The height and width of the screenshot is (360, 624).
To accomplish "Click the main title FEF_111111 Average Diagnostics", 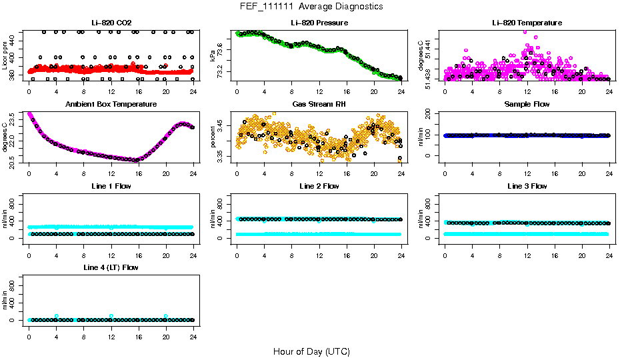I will tap(311, 6).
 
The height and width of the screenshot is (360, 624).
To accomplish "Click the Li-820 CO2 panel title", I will tap(111, 23).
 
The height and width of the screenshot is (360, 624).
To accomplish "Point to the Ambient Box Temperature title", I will tap(111, 104).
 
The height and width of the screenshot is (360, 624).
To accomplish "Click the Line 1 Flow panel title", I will tap(111, 186).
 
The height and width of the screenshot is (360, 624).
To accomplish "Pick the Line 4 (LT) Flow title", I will tap(111, 267).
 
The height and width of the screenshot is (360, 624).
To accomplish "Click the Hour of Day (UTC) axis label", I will tap(311, 351).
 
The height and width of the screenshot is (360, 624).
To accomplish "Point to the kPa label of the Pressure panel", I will tap(213, 55).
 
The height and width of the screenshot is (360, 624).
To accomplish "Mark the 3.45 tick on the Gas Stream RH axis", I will tap(221, 125).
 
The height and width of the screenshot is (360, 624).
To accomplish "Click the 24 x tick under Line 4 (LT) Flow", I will tap(193, 330).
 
